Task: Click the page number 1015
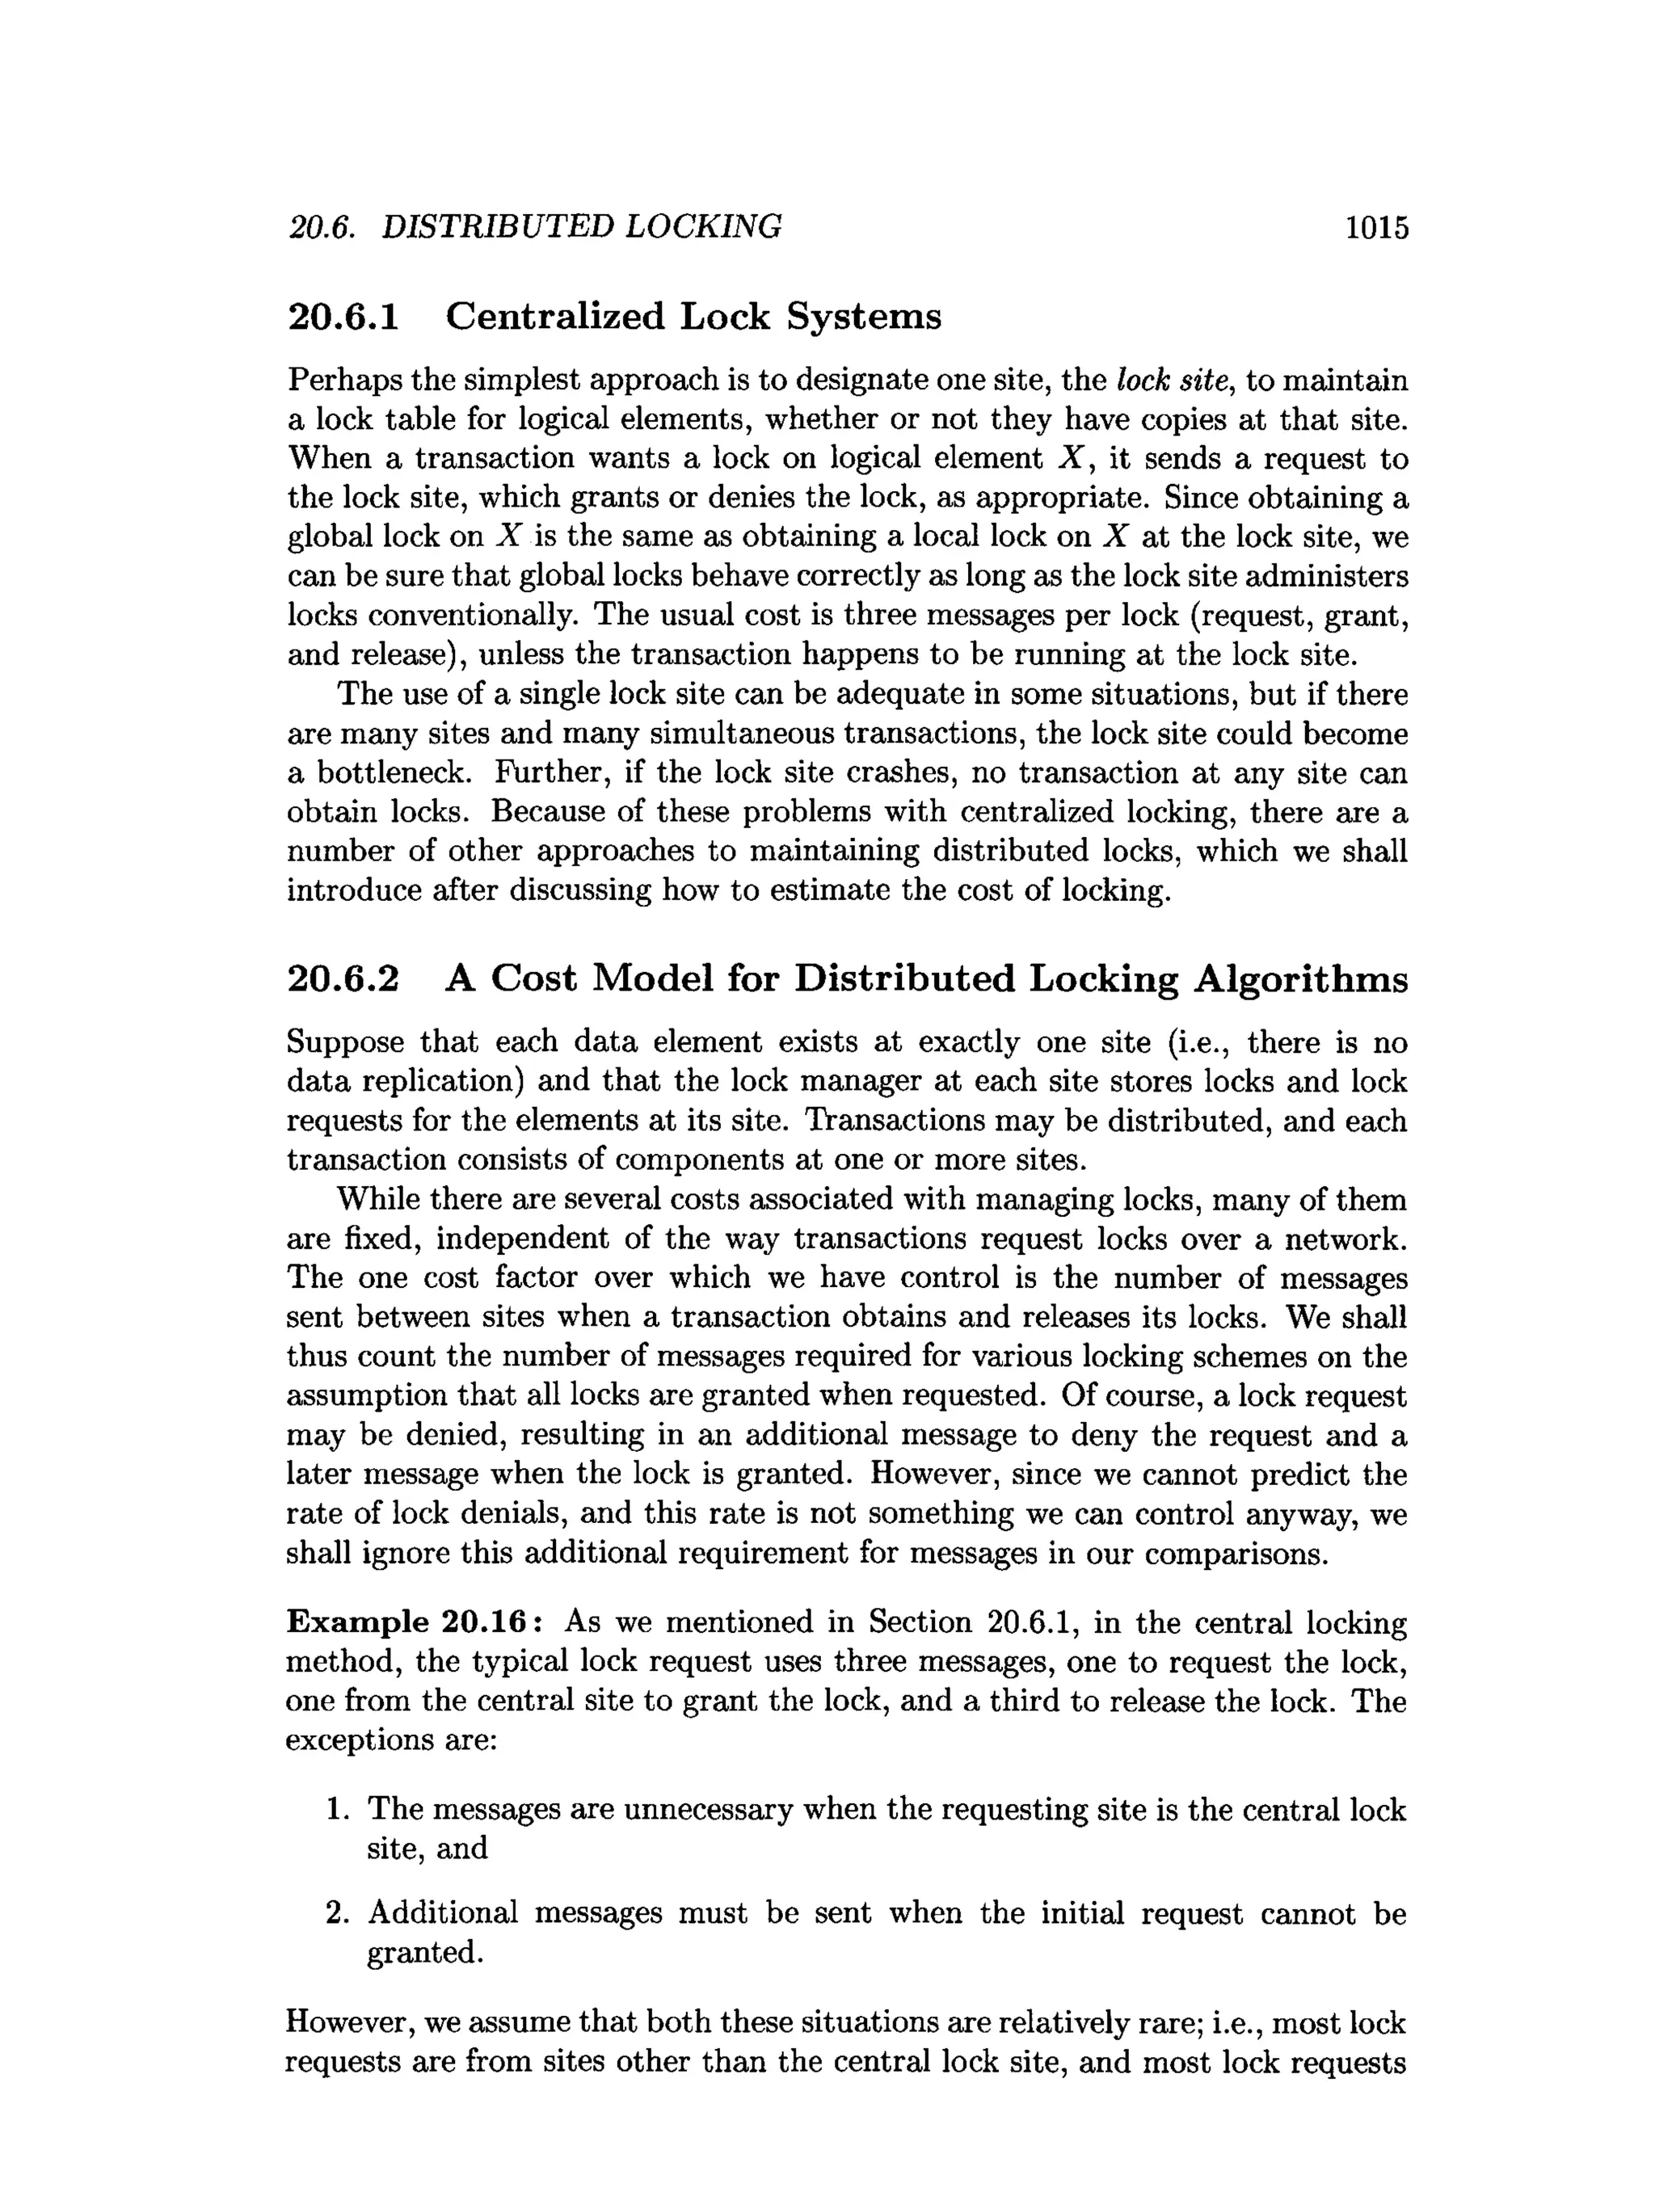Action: (x=1375, y=228)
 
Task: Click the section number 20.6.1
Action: (x=343, y=317)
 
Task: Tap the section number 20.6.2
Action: (x=343, y=978)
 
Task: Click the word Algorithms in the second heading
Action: (x=1300, y=978)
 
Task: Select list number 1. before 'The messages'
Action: (x=338, y=1810)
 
